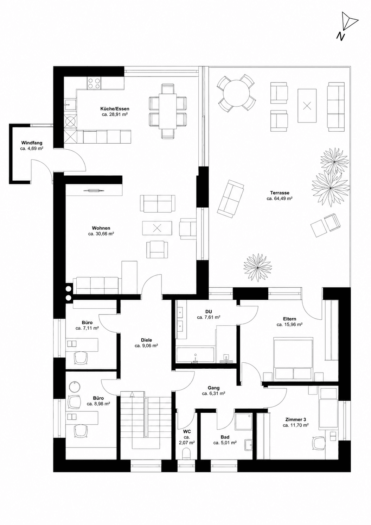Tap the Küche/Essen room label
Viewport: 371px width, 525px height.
115,109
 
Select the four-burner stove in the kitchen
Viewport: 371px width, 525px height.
94,83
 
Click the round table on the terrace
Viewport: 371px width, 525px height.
236,93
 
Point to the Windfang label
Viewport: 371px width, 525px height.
32,143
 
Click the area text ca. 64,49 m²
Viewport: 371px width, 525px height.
280,199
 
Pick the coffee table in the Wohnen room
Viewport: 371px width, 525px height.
157,227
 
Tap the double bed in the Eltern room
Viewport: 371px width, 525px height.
294,358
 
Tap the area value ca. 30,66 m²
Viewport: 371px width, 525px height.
101,234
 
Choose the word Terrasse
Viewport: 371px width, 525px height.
280,193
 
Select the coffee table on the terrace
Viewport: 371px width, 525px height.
307,106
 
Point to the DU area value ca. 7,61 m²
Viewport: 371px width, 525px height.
209,317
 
